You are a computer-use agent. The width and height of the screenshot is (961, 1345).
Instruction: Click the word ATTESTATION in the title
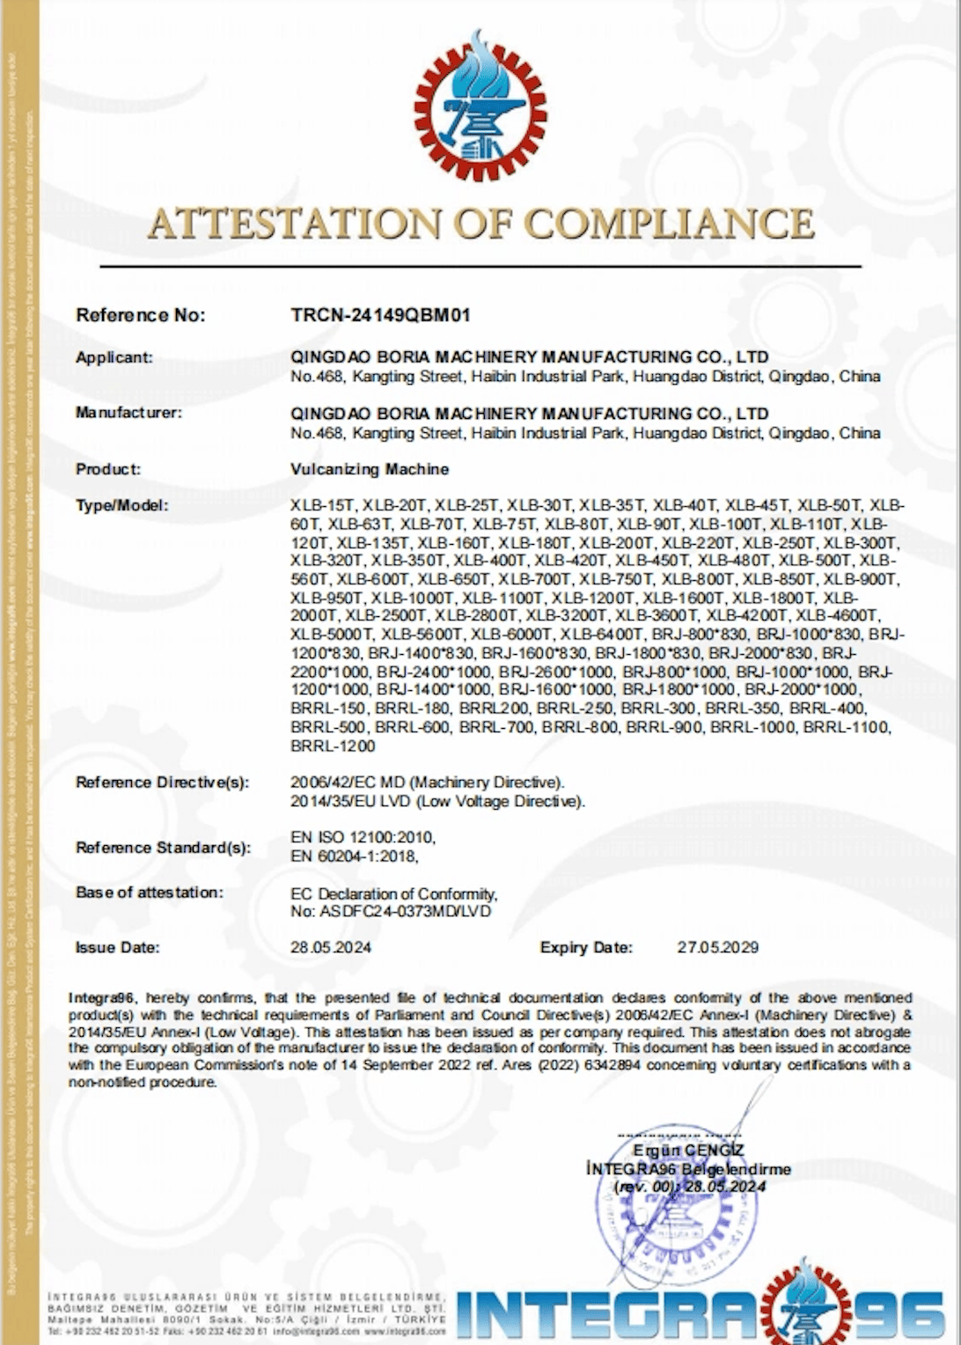tap(295, 224)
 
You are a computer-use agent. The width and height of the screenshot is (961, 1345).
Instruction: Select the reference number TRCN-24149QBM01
tap(380, 315)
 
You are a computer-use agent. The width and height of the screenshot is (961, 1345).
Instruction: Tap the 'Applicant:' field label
tap(114, 357)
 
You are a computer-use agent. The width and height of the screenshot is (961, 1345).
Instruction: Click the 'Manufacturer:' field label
tap(128, 413)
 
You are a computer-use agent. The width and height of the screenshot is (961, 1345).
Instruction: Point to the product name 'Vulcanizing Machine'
tap(370, 469)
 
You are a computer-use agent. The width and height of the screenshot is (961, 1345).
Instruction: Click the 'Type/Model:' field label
tap(121, 505)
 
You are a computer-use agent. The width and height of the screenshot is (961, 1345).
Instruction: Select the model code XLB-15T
tap(322, 506)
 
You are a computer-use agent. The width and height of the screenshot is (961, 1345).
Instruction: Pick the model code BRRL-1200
tap(333, 746)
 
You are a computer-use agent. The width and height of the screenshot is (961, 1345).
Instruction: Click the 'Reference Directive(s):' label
tap(163, 783)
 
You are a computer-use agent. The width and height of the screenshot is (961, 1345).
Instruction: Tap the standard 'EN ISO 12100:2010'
tap(363, 837)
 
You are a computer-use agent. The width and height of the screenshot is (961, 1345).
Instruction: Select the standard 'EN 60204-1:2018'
tap(354, 856)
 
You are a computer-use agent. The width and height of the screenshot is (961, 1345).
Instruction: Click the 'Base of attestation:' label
tap(150, 893)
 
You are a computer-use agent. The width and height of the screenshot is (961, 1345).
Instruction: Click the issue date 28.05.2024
tap(331, 948)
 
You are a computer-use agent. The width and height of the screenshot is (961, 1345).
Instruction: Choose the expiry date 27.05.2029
tap(717, 948)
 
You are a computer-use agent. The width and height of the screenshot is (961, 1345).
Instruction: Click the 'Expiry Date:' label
tap(586, 948)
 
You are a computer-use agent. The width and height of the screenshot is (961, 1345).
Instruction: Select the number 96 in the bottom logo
tap(897, 1317)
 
